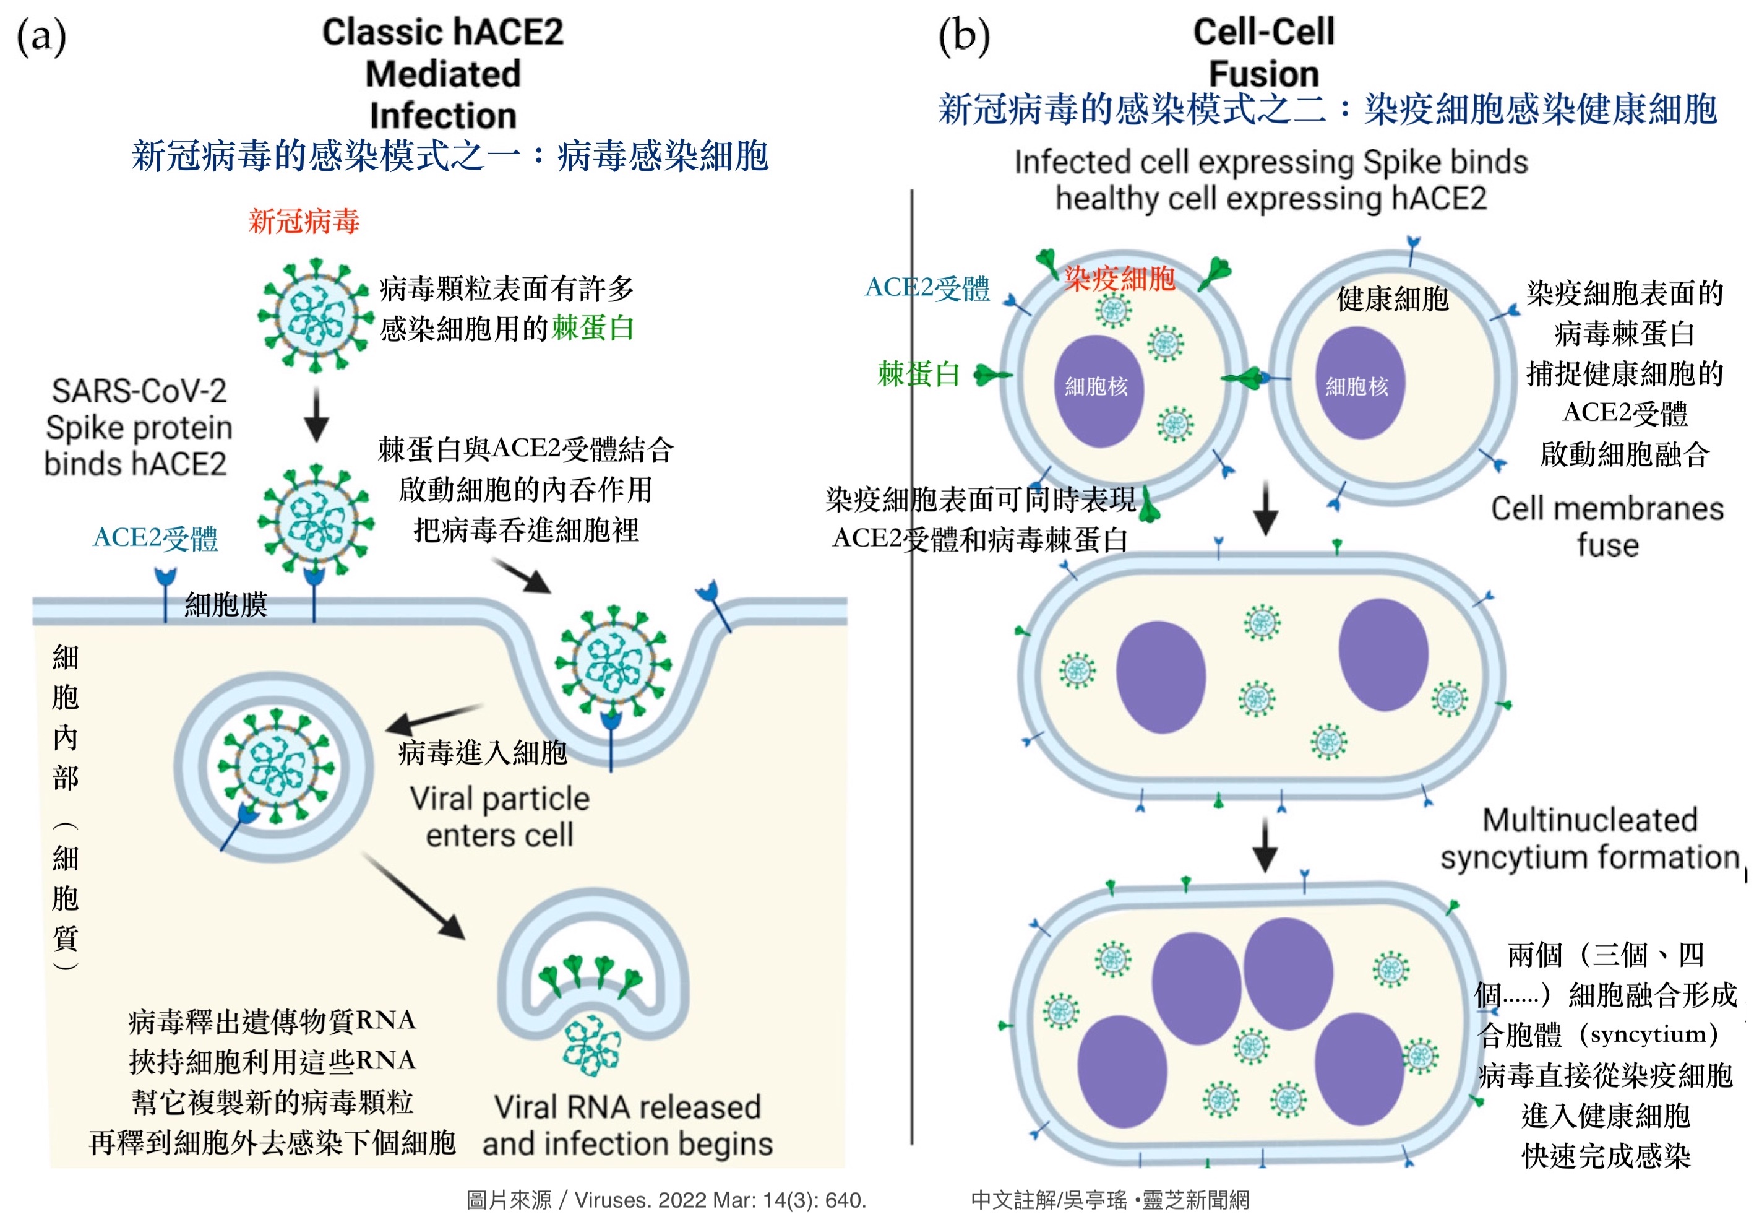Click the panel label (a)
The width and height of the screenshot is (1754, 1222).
click(41, 36)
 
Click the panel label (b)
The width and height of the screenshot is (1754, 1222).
click(963, 36)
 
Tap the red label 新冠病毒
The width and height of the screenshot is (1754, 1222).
click(303, 222)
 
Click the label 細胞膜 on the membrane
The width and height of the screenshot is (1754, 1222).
click(226, 605)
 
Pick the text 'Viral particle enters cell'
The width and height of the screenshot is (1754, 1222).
click(500, 816)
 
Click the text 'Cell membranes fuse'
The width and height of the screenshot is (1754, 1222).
click(1607, 527)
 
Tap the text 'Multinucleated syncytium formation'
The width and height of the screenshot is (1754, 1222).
click(1589, 838)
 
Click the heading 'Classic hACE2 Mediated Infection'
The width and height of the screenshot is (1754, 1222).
click(443, 74)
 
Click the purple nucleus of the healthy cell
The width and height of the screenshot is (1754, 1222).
click(1361, 383)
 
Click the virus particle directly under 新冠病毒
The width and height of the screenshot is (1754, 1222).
click(315, 316)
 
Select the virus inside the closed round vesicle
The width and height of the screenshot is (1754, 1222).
click(274, 766)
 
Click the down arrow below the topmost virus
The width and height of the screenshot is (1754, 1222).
click(316, 415)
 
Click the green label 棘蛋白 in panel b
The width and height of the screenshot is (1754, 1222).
click(918, 374)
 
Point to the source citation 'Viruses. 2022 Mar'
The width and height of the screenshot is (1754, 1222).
click(666, 1200)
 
